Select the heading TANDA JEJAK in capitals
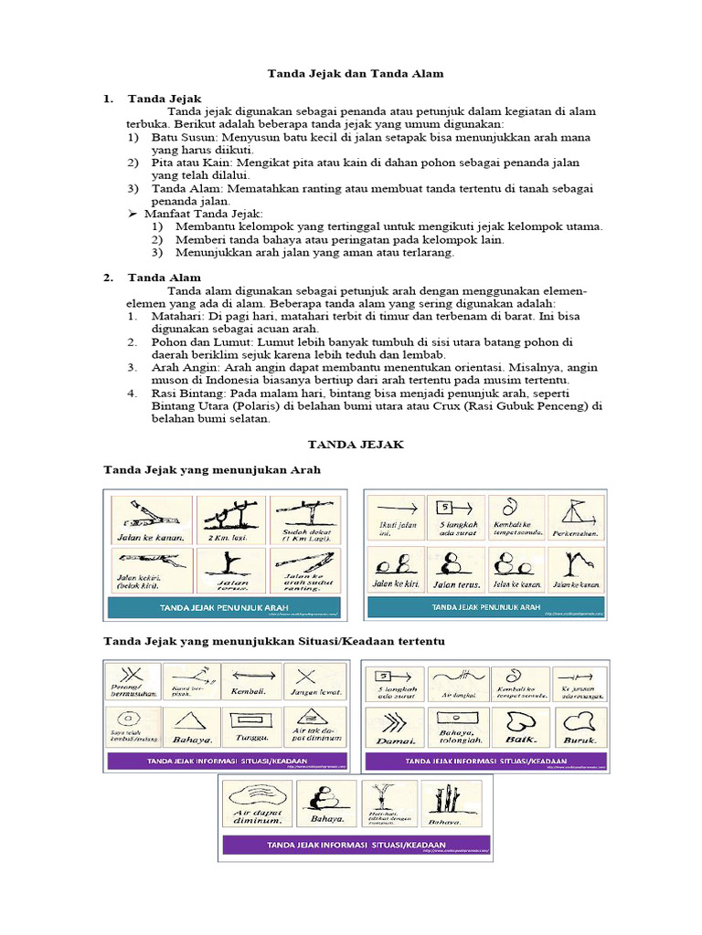351,444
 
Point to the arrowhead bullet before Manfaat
132,214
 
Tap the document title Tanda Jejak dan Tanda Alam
351,71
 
